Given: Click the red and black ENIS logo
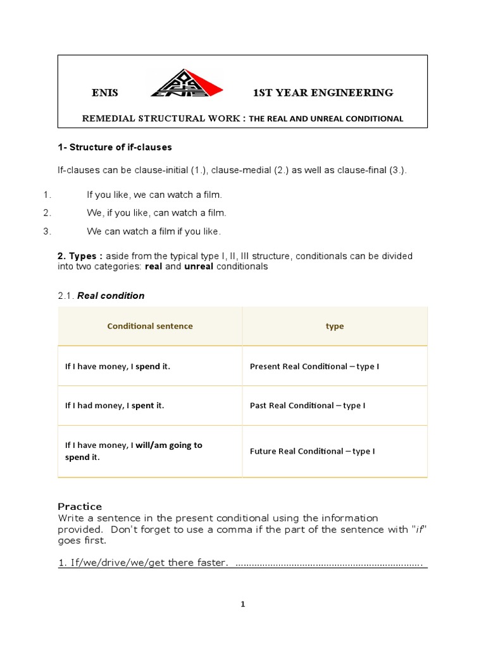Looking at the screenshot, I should pos(185,83).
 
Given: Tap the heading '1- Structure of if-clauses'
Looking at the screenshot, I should pos(115,147).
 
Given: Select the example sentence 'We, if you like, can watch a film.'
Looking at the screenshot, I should pos(156,213).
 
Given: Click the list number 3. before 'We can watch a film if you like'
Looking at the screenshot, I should pos(47,231).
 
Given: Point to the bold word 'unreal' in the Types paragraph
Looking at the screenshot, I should pos(199,267).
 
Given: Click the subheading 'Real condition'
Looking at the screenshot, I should pos(111,296).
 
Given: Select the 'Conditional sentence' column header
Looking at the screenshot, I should pos(150,326).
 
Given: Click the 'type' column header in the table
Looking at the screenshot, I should pos(335,326).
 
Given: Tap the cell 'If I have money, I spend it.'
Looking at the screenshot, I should pos(118,366).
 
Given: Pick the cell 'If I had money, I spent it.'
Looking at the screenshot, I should pos(115,406).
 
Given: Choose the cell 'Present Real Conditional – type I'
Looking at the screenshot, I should pos(315,366).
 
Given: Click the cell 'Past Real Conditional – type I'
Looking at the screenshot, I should pos(308,406).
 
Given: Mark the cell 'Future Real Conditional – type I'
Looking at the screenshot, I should pos(313,451).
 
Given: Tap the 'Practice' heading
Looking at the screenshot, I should pos(80,506).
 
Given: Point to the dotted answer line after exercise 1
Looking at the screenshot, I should pos(329,563).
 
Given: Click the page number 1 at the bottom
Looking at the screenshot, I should pos(242,604).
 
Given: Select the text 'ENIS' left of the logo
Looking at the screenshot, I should pos(105,93).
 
